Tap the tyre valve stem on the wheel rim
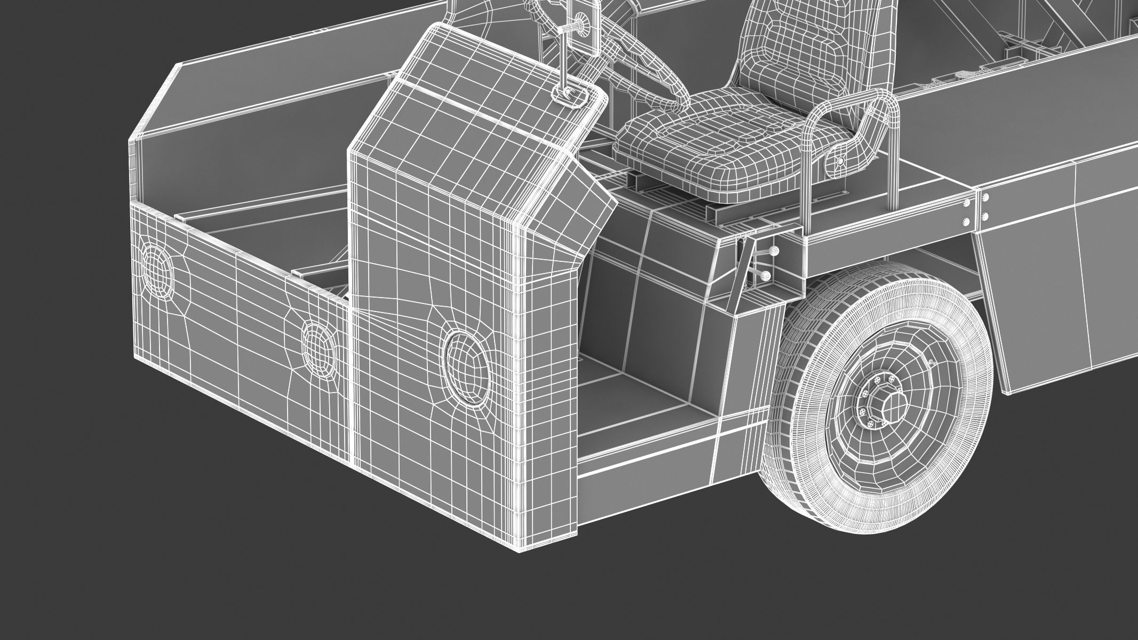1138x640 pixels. pyautogui.click(x=932, y=363)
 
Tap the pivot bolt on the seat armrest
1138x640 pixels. pyautogui.click(x=840, y=161)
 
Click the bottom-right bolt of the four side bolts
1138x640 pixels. pyautogui.click(x=985, y=217)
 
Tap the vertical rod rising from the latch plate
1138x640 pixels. pyautogui.click(x=565, y=53)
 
